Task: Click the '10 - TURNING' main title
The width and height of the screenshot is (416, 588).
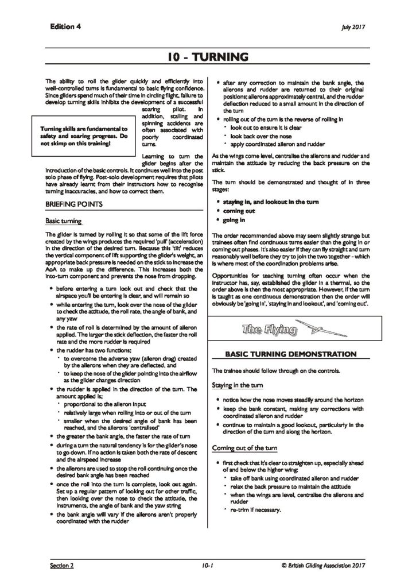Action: (208, 57)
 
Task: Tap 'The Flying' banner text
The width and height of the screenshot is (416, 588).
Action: (269, 330)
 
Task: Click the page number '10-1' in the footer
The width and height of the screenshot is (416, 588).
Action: (208, 566)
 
